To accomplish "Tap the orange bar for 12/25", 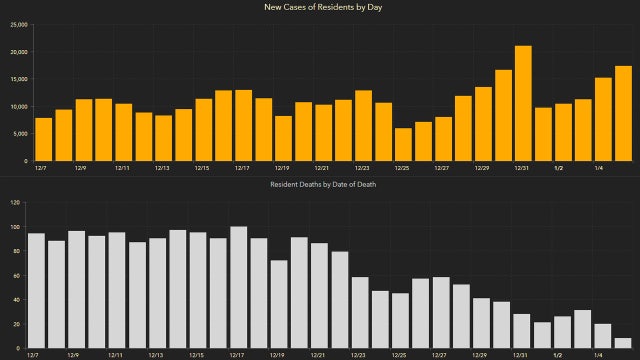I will (x=403, y=144).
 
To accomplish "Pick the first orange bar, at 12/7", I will (x=43, y=139).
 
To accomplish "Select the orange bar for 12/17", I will (x=243, y=125).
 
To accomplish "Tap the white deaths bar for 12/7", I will (x=36, y=290).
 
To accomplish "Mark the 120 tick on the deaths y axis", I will (x=15, y=203).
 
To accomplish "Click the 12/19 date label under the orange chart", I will (x=282, y=168).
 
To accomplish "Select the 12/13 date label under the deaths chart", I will (x=156, y=354).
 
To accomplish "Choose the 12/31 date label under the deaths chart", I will (x=521, y=354).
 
